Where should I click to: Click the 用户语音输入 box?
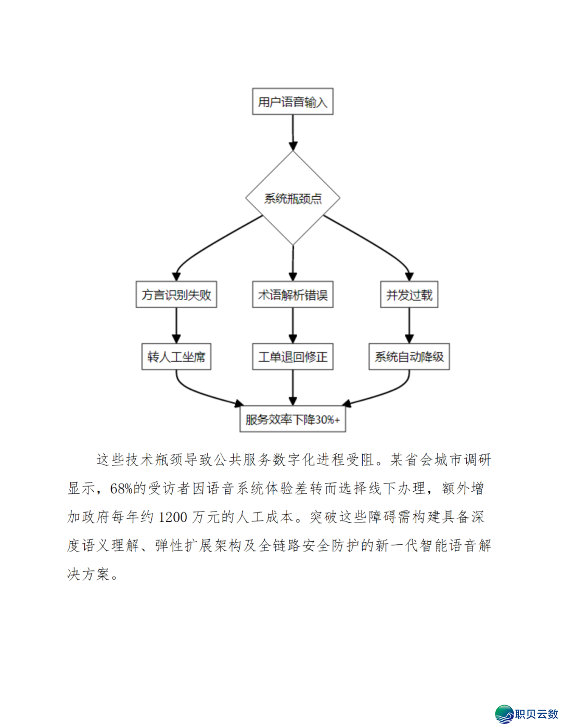[292, 101]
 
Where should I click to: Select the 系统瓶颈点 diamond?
[292, 198]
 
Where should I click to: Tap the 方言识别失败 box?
[176, 295]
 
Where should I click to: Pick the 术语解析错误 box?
[292, 295]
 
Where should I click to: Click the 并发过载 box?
[409, 295]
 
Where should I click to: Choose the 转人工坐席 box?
[176, 356]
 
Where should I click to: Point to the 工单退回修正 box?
[292, 356]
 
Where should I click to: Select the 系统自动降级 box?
[409, 356]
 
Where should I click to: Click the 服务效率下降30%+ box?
[292, 419]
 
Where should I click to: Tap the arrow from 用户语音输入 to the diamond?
[292, 133]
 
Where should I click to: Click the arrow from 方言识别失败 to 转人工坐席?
[176, 325]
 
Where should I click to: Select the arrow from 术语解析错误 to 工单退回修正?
[292, 325]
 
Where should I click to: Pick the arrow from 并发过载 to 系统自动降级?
[409, 325]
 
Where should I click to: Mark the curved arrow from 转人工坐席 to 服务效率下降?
[198, 393]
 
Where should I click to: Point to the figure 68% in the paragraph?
[121, 489]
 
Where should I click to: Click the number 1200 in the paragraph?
[172, 517]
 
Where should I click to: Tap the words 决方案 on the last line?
[88, 575]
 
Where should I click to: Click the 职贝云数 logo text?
[536, 714]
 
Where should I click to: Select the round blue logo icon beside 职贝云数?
[504, 714]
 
